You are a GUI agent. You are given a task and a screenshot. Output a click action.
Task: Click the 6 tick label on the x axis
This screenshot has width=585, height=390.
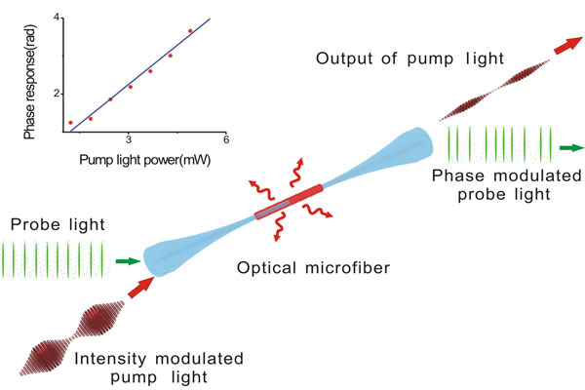(x=225, y=139)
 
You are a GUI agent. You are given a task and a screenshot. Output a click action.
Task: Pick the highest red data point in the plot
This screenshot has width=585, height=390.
(x=190, y=31)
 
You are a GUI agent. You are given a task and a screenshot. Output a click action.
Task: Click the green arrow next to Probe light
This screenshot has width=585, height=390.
(x=127, y=261)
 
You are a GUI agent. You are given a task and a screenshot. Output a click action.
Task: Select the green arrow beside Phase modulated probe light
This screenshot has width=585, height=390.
(x=571, y=148)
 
